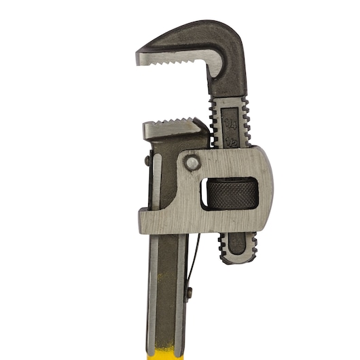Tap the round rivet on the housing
pyautogui.click(x=193, y=163)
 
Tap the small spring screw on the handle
pyautogui.click(x=190, y=291)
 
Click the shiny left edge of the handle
pyautogui.click(x=154, y=285)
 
